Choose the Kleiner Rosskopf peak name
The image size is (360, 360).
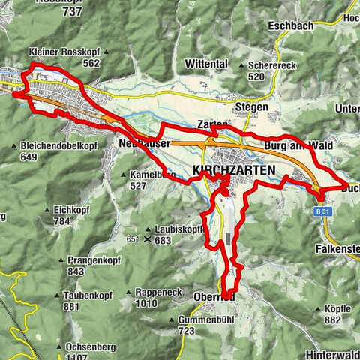(x=63, y=52)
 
